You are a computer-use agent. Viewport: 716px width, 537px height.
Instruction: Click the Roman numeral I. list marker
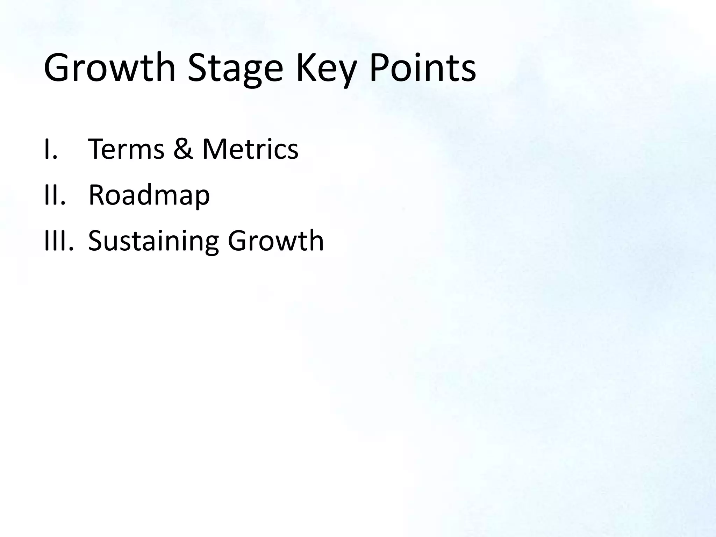click(51, 149)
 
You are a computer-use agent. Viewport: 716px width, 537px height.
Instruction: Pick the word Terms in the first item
click(126, 149)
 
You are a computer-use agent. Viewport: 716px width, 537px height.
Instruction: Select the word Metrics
click(250, 149)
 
